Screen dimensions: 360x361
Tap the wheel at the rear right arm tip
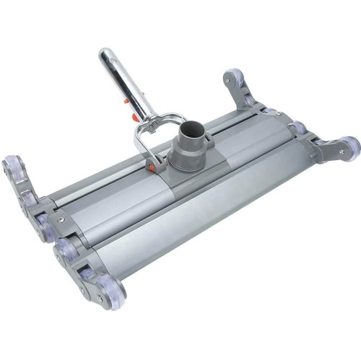[232, 76]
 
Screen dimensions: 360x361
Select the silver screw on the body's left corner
[62, 221]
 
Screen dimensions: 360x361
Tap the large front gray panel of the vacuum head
[217, 209]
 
